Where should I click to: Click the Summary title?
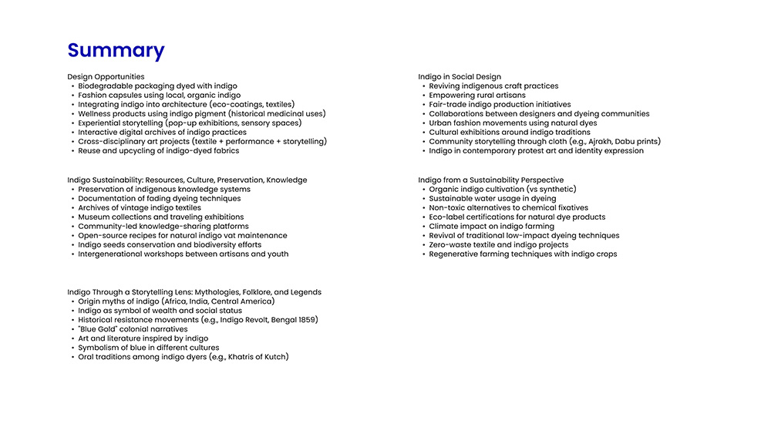pos(116,51)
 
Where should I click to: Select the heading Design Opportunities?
pos(106,77)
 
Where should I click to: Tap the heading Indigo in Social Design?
pos(460,77)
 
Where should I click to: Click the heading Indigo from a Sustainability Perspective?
pos(490,180)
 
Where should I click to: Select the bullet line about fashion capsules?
pos(159,96)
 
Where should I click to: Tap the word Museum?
pos(93,217)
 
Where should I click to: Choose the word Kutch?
pos(277,357)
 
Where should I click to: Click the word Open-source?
pos(101,236)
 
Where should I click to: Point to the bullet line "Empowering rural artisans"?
pos(477,96)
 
